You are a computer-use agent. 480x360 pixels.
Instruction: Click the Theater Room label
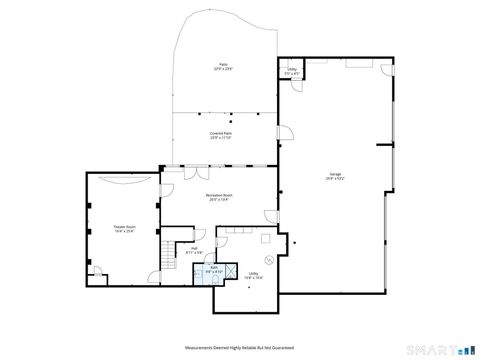pyautogui.click(x=123, y=229)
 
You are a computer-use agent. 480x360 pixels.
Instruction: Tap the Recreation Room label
pyautogui.click(x=220, y=197)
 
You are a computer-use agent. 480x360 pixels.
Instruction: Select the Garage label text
pyautogui.click(x=334, y=177)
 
